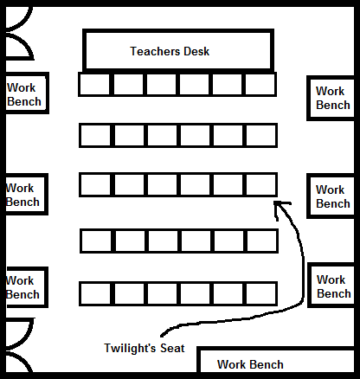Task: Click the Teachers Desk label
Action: (x=170, y=51)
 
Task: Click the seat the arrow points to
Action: (x=261, y=184)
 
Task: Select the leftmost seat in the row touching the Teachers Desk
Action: (x=94, y=84)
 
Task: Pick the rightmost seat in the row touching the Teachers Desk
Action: (x=260, y=84)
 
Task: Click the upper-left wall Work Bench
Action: (x=26, y=93)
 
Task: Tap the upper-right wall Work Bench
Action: (x=331, y=98)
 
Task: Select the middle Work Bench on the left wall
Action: (x=26, y=195)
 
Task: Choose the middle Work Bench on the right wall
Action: (x=331, y=196)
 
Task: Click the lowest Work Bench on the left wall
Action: (x=26, y=287)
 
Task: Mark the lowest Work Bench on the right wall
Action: (x=331, y=285)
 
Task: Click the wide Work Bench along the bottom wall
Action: (x=276, y=360)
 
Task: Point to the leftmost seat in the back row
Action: (x=95, y=293)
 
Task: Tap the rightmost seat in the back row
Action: (x=261, y=293)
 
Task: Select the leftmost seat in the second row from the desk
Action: (x=95, y=136)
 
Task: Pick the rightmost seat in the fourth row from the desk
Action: (x=262, y=241)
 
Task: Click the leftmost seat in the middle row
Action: (x=95, y=184)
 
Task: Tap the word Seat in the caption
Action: (x=172, y=348)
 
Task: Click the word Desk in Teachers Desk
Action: (x=196, y=51)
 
